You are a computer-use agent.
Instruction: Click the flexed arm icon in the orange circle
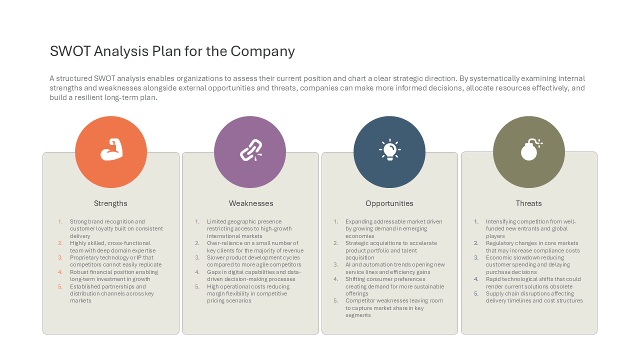click(x=111, y=149)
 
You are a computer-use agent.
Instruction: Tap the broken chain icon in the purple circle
click(x=251, y=150)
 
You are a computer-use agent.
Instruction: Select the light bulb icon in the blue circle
click(x=389, y=149)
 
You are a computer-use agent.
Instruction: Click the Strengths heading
click(x=110, y=203)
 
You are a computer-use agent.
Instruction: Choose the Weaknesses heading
click(x=251, y=203)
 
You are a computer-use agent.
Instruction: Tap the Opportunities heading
click(x=389, y=203)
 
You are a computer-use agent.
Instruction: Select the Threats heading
click(x=528, y=203)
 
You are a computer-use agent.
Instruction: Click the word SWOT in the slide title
click(x=70, y=51)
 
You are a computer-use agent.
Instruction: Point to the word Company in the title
click(x=262, y=52)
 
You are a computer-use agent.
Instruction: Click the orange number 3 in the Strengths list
click(x=60, y=257)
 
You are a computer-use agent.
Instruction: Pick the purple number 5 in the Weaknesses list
click(x=197, y=286)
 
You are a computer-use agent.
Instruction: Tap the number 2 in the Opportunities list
click(x=335, y=243)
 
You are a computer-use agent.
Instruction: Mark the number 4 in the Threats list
click(x=476, y=279)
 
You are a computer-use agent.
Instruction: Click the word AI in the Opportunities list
click(x=348, y=265)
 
